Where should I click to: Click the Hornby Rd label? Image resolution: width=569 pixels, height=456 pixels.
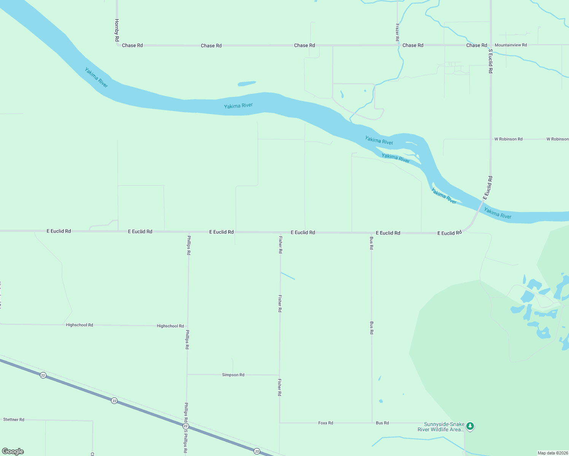pyautogui.click(x=117, y=30)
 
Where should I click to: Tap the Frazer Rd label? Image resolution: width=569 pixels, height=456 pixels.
pyautogui.click(x=397, y=32)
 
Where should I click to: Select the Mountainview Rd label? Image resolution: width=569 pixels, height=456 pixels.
pyautogui.click(x=510, y=45)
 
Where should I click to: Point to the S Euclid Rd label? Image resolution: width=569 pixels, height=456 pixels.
pyautogui.click(x=491, y=61)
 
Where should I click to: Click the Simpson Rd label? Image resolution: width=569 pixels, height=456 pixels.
pyautogui.click(x=233, y=375)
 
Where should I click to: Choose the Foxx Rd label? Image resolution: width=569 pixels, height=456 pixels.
pyautogui.click(x=326, y=423)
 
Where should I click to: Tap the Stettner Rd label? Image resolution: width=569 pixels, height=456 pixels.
pyautogui.click(x=14, y=420)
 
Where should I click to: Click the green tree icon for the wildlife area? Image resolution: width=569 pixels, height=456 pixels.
pyautogui.click(x=470, y=426)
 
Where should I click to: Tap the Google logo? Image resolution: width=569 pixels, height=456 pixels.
pyautogui.click(x=13, y=451)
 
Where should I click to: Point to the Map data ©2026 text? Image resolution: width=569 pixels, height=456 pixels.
pyautogui.click(x=553, y=453)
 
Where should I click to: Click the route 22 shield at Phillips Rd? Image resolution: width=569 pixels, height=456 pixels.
pyautogui.click(x=186, y=426)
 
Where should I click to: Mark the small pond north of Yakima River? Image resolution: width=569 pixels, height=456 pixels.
pyautogui.click(x=246, y=84)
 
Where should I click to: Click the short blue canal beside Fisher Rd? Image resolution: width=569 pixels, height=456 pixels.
pyautogui.click(x=288, y=276)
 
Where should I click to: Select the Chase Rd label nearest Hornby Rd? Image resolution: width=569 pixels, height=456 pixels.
pyautogui.click(x=132, y=45)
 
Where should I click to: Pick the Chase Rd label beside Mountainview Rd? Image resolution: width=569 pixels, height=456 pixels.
pyautogui.click(x=477, y=45)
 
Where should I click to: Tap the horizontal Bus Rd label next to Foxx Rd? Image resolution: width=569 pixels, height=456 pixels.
pyautogui.click(x=382, y=423)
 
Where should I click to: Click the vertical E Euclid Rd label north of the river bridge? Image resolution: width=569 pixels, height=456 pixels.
pyautogui.click(x=488, y=188)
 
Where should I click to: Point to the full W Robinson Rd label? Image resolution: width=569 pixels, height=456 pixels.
pyautogui.click(x=508, y=139)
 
